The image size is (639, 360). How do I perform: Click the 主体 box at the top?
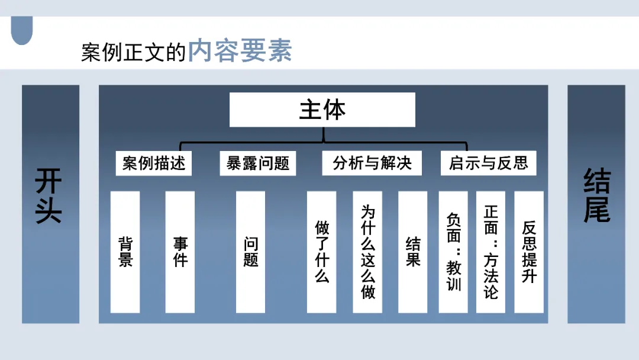click(322, 110)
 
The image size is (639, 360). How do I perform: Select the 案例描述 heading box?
click(154, 163)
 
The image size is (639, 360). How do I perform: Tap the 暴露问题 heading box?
click(258, 163)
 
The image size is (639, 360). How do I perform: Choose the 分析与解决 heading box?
click(372, 163)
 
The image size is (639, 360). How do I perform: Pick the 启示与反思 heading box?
click(488, 163)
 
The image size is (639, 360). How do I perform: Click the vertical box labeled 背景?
click(125, 252)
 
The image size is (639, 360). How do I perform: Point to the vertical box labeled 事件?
click(180, 252)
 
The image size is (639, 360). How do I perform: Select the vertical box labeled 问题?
click(251, 252)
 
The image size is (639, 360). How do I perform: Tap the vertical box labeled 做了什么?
click(321, 252)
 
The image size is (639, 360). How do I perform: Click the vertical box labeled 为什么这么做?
click(367, 252)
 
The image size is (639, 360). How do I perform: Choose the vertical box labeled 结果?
click(412, 252)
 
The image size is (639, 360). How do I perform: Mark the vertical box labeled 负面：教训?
click(453, 252)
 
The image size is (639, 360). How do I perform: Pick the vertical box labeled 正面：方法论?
click(490, 252)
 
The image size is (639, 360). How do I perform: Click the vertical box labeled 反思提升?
click(529, 252)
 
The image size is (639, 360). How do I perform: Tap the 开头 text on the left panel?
click(50, 196)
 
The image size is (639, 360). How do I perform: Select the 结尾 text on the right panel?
click(596, 196)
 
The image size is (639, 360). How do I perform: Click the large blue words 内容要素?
click(240, 52)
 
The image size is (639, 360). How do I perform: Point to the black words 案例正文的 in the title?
click(134, 52)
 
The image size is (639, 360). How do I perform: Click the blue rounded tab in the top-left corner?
click(22, 31)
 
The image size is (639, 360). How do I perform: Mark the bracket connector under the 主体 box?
click(323, 143)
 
